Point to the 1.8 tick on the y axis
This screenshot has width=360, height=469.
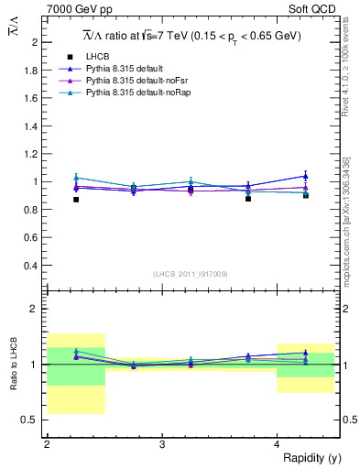[32, 70]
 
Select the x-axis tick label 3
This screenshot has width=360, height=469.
[162, 444]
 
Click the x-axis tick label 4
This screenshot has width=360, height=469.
[278, 444]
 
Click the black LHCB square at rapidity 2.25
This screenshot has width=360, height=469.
[76, 200]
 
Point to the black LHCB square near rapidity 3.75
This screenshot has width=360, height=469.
[248, 198]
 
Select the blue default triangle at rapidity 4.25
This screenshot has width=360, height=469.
[306, 176]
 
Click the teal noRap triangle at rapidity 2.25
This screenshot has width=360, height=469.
[76, 178]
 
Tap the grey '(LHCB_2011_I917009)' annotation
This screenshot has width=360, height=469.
[190, 274]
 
